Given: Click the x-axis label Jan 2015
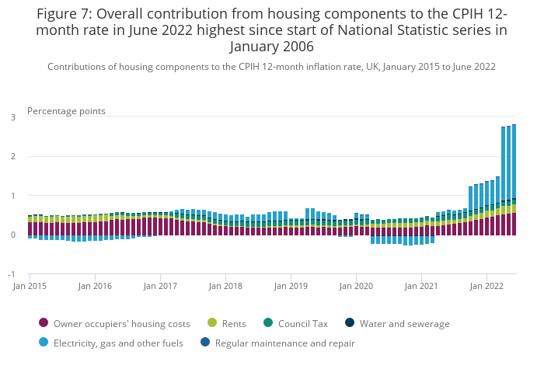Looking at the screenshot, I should (x=30, y=286).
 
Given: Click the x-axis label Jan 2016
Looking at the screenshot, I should (x=96, y=286).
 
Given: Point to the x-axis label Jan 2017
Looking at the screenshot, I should (x=161, y=286).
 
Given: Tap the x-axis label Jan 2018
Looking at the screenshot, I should (x=226, y=286).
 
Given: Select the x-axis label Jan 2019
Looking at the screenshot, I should (x=291, y=286).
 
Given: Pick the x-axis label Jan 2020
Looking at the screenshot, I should (x=357, y=286).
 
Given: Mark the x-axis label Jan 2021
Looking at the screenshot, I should (x=422, y=286).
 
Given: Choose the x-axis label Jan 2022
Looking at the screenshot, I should (x=487, y=286).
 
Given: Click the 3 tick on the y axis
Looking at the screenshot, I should (x=13, y=117).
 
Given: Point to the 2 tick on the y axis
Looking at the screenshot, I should (x=13, y=157).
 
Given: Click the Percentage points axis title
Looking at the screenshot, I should (x=66, y=111).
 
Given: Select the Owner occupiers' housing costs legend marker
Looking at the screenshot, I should (x=44, y=323).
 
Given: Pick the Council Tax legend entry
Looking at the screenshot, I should (x=295, y=323).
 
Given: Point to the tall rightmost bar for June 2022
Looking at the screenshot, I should (x=514, y=179).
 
